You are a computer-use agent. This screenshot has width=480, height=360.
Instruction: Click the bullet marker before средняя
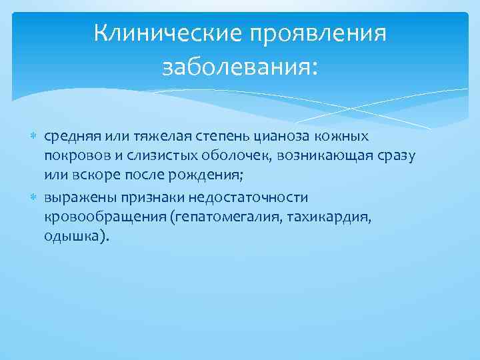(x=35, y=137)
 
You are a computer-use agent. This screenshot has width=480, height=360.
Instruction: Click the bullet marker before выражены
(x=35, y=198)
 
